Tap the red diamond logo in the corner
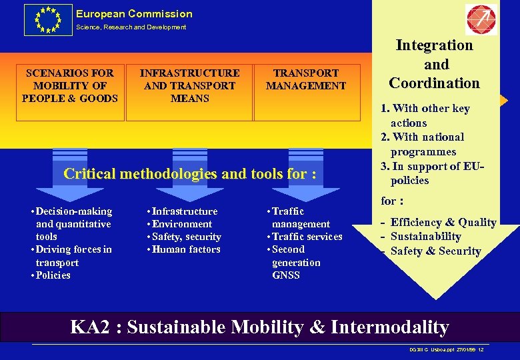[x=481, y=19]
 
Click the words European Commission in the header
[x=134, y=13]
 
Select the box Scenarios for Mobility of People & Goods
[x=70, y=85]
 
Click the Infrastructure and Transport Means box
[x=189, y=85]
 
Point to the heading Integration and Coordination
[x=434, y=64]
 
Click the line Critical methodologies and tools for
[x=189, y=174]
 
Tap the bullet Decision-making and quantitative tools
[x=73, y=224]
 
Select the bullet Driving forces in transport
[x=73, y=256]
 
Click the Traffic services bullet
[x=306, y=237]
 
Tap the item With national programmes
[x=427, y=144]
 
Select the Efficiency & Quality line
[x=443, y=223]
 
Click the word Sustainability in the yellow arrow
[x=425, y=237]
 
